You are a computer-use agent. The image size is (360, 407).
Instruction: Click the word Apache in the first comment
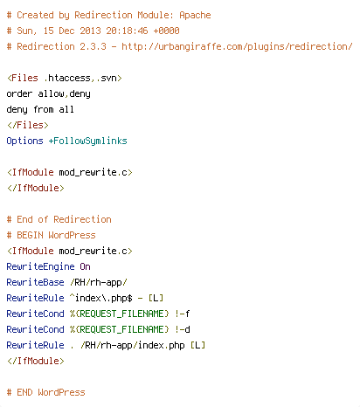[x=195, y=16]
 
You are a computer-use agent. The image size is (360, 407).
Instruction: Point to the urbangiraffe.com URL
[x=237, y=47]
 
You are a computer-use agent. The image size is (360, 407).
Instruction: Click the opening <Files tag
[x=23, y=78]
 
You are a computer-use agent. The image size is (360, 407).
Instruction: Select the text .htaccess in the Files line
[x=67, y=78]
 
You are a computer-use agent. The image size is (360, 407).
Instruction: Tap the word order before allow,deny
[x=19, y=93]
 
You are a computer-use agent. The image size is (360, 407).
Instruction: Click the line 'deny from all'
[x=40, y=110]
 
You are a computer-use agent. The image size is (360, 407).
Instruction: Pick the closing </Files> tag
[x=28, y=125]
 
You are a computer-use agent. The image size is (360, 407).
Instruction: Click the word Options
[x=24, y=141]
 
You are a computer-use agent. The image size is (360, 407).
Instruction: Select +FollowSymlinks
[x=87, y=141]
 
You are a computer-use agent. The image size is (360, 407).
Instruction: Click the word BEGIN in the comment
[x=30, y=235]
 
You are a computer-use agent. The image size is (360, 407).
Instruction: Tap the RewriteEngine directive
[x=40, y=267]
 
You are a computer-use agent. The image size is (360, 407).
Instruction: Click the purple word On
[x=85, y=266]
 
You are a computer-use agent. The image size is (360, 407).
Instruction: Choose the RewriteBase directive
[x=35, y=282]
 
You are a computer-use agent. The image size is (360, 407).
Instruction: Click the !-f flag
[x=183, y=314]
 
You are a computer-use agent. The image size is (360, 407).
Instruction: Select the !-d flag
[x=183, y=329]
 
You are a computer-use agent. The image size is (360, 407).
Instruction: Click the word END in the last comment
[x=24, y=392]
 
